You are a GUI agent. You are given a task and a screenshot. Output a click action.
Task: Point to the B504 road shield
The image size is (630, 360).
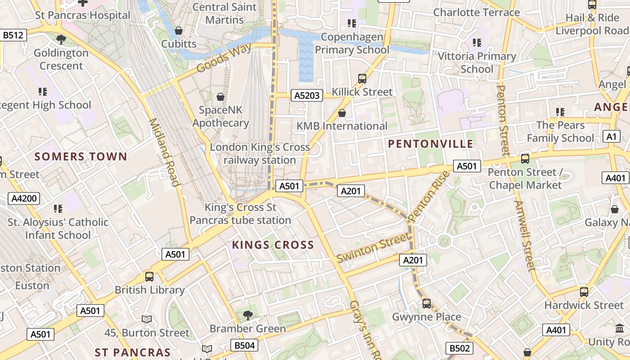pos(245,346)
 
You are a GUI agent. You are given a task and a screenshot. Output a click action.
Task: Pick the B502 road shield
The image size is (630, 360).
pos(459,348)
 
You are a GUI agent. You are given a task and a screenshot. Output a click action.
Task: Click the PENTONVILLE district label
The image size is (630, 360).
pos(430,144)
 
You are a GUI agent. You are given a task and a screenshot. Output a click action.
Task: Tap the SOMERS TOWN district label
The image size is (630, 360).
pos(81,157)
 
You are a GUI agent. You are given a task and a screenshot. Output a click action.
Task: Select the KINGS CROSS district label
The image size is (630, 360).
pos(273,245)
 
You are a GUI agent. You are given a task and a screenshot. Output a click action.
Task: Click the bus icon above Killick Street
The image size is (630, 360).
pos(362,79)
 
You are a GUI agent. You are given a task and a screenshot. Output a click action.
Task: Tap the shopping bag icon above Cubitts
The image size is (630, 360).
pos(179,31)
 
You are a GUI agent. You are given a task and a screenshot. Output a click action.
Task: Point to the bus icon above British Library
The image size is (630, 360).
pos(149,276)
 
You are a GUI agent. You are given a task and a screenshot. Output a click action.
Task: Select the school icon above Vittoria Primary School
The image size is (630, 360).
pos(477,43)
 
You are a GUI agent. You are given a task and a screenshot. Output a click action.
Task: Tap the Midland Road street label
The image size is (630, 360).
pos(164,152)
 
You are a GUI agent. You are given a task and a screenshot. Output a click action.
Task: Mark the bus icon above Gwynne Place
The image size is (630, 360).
pos(426,303)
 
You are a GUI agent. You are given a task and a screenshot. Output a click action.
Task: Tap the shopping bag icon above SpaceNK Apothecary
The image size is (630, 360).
pos(220,97)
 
